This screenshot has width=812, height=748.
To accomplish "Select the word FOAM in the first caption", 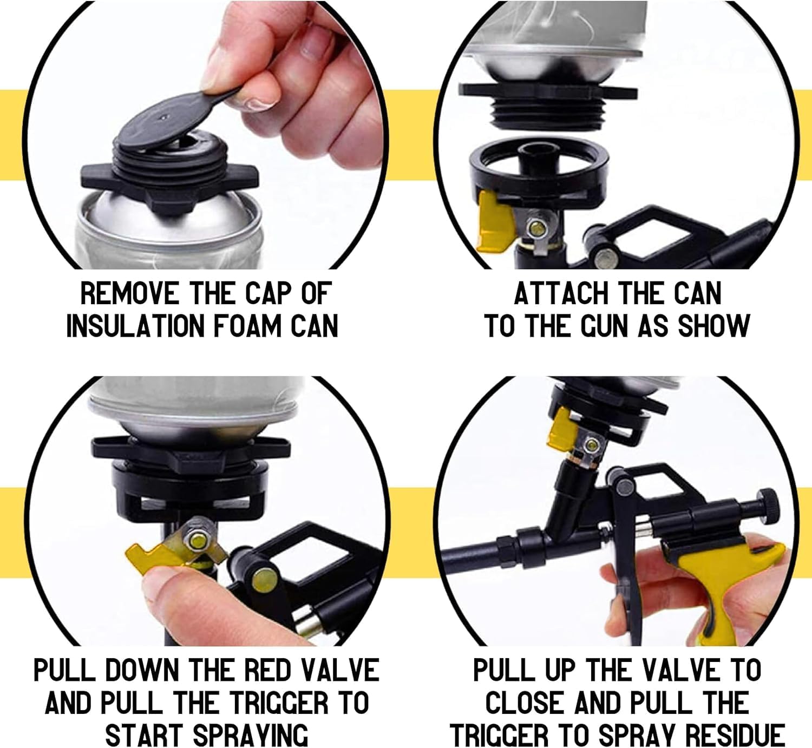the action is (x=247, y=326).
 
